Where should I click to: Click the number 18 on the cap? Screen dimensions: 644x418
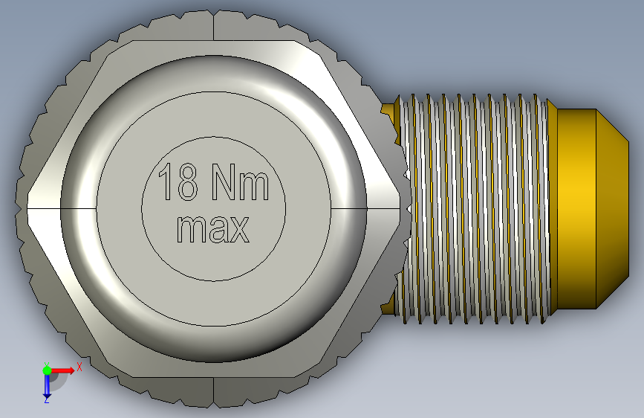click(178, 181)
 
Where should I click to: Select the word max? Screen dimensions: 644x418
click(212, 229)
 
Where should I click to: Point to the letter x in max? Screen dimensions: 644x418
click(239, 230)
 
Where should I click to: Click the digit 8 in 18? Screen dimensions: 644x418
click(187, 181)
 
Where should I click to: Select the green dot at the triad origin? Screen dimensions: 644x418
click(47, 370)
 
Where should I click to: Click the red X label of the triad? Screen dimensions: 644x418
click(79, 367)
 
